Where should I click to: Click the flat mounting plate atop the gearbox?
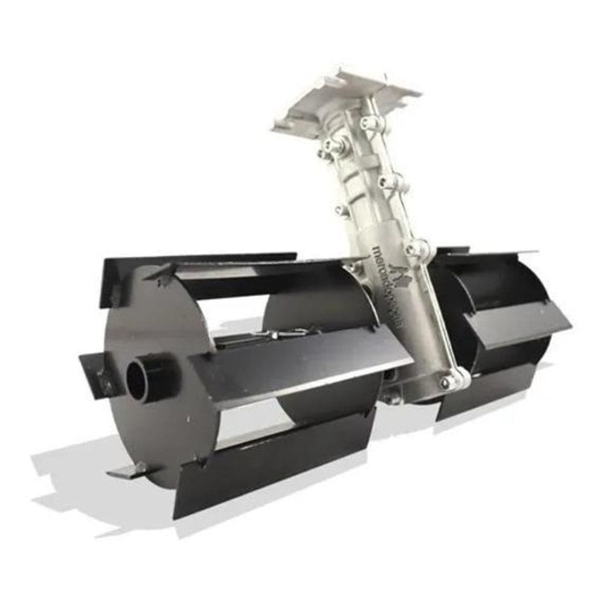[347, 100]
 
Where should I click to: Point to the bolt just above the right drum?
[417, 248]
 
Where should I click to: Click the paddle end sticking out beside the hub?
[94, 374]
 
